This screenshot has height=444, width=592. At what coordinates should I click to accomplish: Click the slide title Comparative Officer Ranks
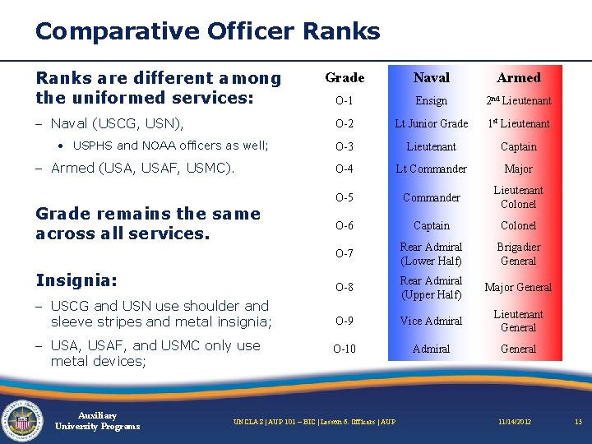(x=207, y=31)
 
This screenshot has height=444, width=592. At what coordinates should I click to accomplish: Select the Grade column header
(x=345, y=77)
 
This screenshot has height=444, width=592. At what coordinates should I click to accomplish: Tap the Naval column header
(x=431, y=77)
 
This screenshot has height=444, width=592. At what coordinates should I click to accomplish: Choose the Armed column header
(x=518, y=77)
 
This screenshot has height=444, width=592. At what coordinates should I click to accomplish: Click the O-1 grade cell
(x=345, y=100)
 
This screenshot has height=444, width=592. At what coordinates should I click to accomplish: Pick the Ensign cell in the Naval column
(x=431, y=100)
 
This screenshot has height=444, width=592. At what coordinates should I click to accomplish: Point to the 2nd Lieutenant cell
(x=518, y=100)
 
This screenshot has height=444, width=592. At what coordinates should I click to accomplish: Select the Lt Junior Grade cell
(x=431, y=123)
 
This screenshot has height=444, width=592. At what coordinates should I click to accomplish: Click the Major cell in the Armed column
(x=518, y=169)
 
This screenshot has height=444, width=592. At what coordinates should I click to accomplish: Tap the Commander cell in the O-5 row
(x=431, y=197)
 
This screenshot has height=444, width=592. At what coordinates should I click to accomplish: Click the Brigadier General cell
(x=518, y=253)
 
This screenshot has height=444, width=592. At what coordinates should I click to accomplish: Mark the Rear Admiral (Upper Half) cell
(x=431, y=287)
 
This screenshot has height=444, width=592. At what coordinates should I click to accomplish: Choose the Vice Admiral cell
(x=431, y=321)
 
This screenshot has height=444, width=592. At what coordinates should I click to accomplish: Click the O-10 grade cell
(x=345, y=349)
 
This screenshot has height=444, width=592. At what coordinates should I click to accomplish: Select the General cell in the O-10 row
(x=518, y=349)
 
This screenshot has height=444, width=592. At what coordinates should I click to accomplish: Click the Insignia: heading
(x=76, y=280)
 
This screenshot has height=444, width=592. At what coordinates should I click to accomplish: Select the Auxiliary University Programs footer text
(x=97, y=420)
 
